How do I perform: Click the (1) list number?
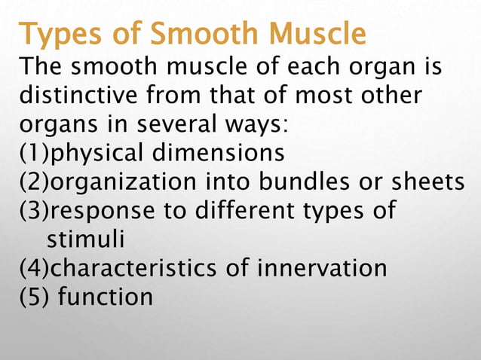click(x=33, y=153)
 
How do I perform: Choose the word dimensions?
click(x=220, y=153)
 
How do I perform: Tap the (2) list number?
click(x=33, y=182)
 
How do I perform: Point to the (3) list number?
click(x=33, y=210)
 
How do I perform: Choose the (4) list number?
click(x=33, y=267)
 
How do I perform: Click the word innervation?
click(x=323, y=267)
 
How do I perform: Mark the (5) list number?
click(x=33, y=296)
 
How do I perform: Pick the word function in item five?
click(x=105, y=296)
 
